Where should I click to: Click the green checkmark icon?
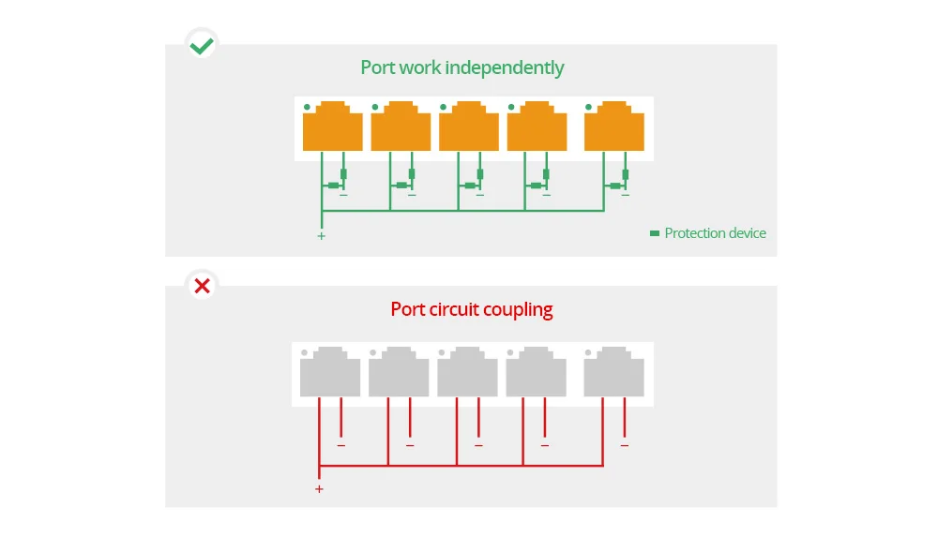[202, 46]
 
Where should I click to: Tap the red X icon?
[203, 286]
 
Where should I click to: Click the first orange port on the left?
[333, 127]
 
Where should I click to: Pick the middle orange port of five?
[469, 127]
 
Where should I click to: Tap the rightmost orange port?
[614, 127]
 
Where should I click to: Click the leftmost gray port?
[330, 372]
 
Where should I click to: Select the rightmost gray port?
[613, 372]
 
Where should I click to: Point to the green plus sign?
[321, 236]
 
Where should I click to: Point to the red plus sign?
[320, 489]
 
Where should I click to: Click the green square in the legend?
[655, 233]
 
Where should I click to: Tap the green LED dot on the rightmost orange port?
[589, 107]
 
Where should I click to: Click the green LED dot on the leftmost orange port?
[307, 107]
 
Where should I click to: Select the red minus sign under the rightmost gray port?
[625, 445]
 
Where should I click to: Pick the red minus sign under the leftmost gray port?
[341, 445]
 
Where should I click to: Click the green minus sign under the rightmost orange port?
[625, 195]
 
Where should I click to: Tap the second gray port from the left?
[399, 372]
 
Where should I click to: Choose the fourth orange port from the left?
[537, 127]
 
